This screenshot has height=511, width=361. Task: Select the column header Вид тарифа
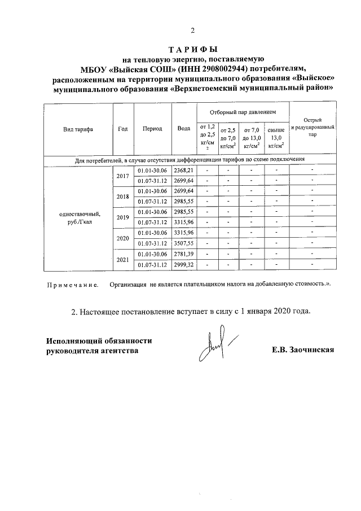(x=78, y=129)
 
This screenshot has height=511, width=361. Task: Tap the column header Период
(x=152, y=129)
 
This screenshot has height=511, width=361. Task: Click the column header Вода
(x=183, y=129)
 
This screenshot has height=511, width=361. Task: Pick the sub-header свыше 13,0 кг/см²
(x=276, y=137)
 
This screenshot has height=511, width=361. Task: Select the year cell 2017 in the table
(x=122, y=176)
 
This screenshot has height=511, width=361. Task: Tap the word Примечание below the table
(x=72, y=284)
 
